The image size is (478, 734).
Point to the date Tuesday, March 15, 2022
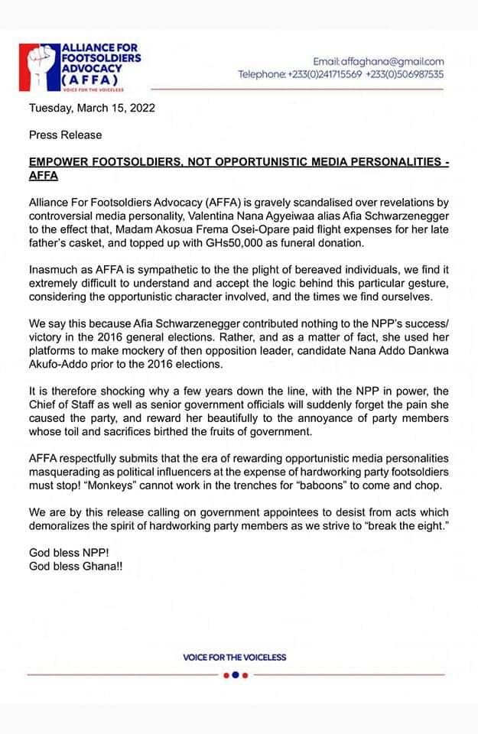(92, 108)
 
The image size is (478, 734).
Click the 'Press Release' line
(65, 135)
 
